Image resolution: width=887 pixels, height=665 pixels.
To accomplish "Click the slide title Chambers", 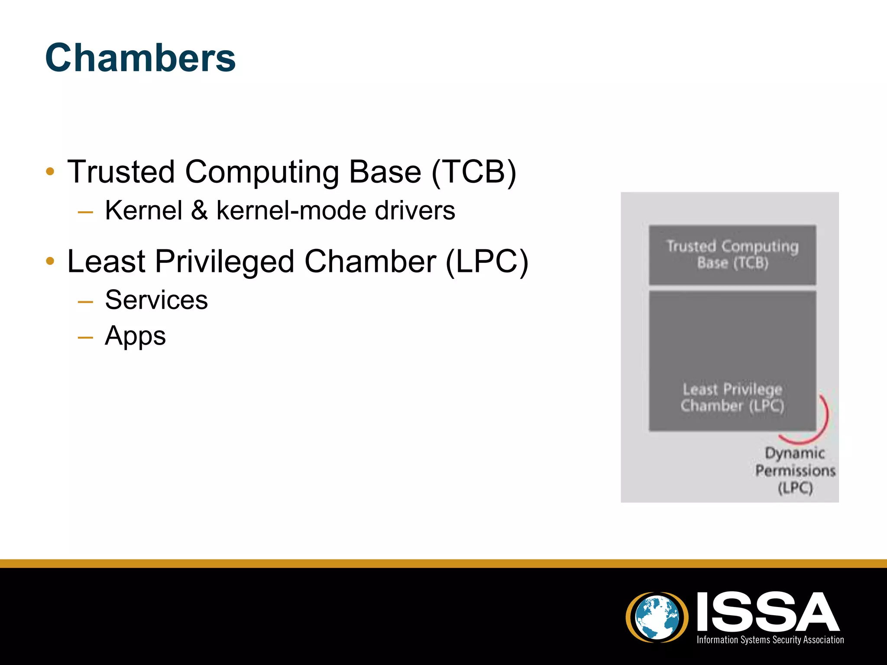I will click(140, 58).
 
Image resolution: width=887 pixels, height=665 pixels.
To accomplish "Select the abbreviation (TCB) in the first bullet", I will click(474, 172).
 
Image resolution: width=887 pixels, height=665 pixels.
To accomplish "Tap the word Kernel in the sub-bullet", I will click(143, 211).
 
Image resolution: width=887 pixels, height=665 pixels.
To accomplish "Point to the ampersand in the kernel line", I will click(199, 211).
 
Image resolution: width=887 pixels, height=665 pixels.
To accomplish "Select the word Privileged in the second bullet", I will click(224, 261).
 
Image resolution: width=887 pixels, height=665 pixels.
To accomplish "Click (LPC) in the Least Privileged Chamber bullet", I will click(487, 261).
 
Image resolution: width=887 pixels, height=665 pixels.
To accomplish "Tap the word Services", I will click(156, 300).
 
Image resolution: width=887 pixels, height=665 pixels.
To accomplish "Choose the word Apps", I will click(135, 336).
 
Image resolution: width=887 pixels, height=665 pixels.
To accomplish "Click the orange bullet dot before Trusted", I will click(50, 171).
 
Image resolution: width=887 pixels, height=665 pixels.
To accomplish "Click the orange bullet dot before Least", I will click(50, 261).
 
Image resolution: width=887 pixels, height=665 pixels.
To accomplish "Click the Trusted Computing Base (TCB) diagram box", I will click(732, 255).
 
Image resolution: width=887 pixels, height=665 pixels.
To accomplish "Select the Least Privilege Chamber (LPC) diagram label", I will click(732, 397).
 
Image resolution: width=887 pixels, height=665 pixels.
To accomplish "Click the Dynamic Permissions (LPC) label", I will click(795, 471).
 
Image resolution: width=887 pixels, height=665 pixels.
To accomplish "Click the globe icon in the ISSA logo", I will click(657, 617).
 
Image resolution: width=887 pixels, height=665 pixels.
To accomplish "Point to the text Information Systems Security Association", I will click(770, 640).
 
